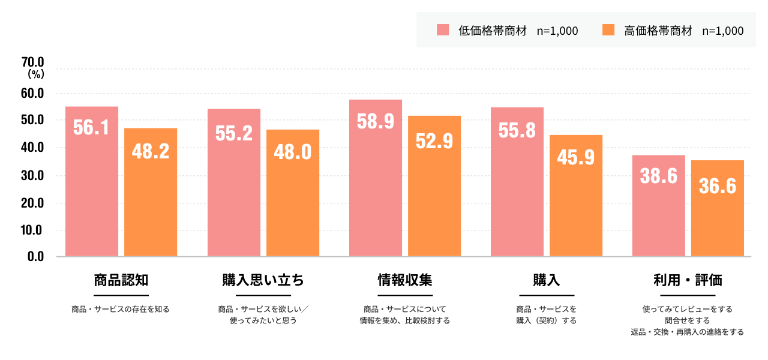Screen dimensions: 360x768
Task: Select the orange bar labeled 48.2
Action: tap(151, 192)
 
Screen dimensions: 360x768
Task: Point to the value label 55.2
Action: tap(233, 133)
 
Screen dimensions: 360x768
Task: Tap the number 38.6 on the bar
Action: tap(658, 176)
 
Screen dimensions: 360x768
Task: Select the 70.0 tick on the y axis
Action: tap(32, 62)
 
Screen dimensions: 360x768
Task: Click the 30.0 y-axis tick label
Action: tap(32, 176)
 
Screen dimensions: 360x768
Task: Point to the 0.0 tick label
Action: tap(35, 257)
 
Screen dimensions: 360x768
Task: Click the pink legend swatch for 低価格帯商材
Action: tap(443, 29)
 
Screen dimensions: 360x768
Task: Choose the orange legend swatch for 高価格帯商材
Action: tap(608, 29)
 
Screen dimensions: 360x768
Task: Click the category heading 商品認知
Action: tap(121, 280)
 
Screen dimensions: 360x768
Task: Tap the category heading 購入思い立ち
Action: tap(263, 280)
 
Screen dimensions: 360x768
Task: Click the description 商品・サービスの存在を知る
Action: tap(121, 310)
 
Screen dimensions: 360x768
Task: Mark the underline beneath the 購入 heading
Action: tap(547, 295)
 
